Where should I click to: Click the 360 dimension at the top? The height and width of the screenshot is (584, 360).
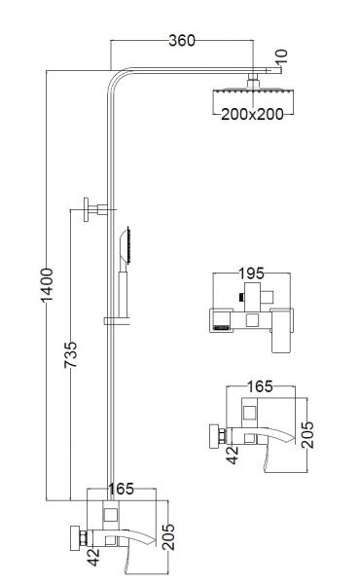pyautogui.click(x=182, y=40)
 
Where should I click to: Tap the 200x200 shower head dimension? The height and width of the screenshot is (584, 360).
pyautogui.click(x=252, y=114)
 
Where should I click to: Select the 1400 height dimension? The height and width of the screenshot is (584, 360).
pyautogui.click(x=48, y=284)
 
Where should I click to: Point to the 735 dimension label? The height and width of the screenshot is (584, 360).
pyautogui.click(x=70, y=354)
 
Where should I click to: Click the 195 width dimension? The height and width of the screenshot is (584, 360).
pyautogui.click(x=251, y=274)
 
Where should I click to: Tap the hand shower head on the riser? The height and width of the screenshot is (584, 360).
pyautogui.click(x=126, y=246)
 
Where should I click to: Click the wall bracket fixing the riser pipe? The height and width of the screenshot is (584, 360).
pyautogui.click(x=95, y=209)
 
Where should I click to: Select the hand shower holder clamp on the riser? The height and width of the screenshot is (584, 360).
pyautogui.click(x=117, y=320)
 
